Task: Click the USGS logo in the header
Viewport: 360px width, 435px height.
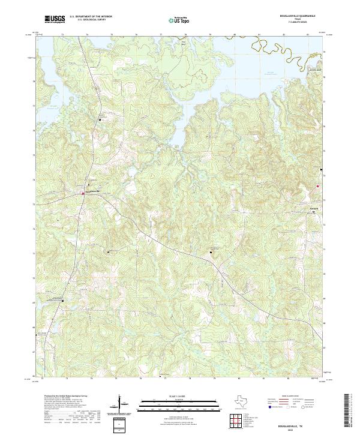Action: click(55, 19)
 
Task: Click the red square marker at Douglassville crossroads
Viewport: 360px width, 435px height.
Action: click(83, 193)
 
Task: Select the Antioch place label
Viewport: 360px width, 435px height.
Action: click(296, 209)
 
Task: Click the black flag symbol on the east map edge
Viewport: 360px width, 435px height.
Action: click(322, 170)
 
